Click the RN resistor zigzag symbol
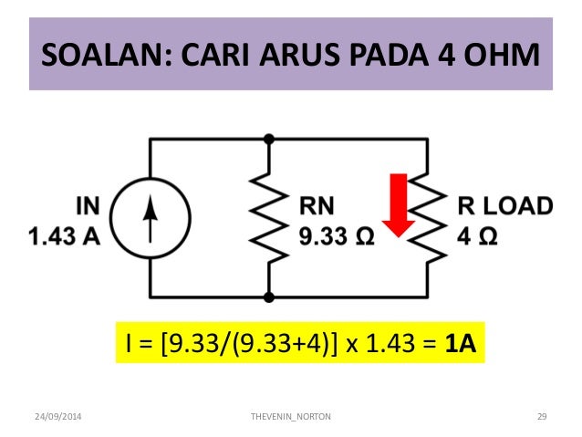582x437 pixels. (269, 220)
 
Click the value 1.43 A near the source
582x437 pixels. (65, 236)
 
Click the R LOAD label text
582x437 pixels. (504, 206)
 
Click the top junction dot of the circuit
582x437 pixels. (269, 139)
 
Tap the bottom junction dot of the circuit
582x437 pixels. (269, 298)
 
